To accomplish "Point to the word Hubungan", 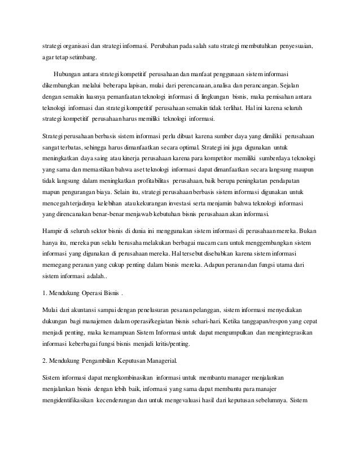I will click(x=68, y=74).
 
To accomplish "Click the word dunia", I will click(x=135, y=231).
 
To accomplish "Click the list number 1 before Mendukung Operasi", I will click(x=45, y=294).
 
